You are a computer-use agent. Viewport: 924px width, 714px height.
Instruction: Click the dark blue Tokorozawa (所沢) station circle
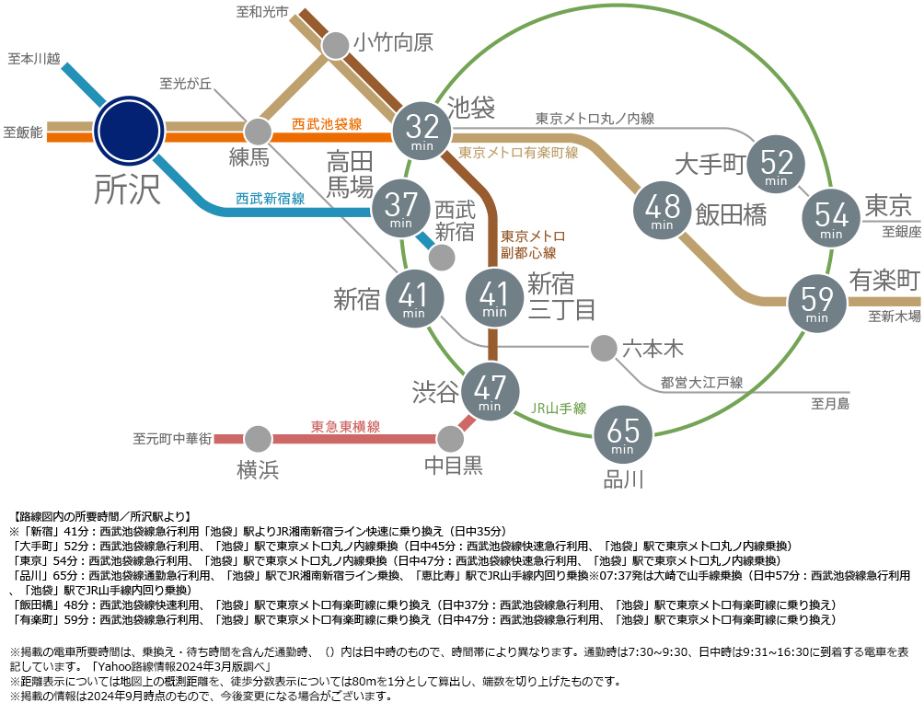(130, 130)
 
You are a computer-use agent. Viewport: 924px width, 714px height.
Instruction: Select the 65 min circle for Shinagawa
(623, 435)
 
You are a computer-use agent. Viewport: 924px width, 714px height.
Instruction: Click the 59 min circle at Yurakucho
(816, 303)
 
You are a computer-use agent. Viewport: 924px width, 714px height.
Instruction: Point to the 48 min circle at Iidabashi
(663, 211)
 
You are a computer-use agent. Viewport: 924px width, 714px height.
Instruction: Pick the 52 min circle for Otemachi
(776, 165)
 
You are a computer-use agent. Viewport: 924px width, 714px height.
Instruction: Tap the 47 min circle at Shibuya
(490, 392)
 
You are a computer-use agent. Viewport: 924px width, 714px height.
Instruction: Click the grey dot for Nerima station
(258, 132)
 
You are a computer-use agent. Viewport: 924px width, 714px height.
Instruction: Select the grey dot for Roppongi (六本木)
(604, 348)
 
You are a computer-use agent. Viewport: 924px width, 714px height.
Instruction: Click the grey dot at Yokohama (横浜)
(258, 439)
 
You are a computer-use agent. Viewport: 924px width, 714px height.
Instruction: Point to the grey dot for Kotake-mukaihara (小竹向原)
(335, 45)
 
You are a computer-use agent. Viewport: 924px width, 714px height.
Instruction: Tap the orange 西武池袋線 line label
(327, 124)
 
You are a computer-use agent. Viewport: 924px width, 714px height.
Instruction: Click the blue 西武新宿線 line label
(270, 199)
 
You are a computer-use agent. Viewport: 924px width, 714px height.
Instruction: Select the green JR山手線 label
(559, 409)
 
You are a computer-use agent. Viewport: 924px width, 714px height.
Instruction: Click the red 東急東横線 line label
(345, 427)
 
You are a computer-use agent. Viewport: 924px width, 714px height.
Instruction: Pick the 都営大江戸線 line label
(701, 383)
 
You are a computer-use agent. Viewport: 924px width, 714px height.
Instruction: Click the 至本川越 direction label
(34, 59)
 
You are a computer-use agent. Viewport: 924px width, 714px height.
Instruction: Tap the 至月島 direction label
(830, 404)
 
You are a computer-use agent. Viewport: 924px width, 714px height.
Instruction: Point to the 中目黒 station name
(453, 466)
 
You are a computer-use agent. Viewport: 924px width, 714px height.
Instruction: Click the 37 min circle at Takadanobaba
(400, 209)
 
